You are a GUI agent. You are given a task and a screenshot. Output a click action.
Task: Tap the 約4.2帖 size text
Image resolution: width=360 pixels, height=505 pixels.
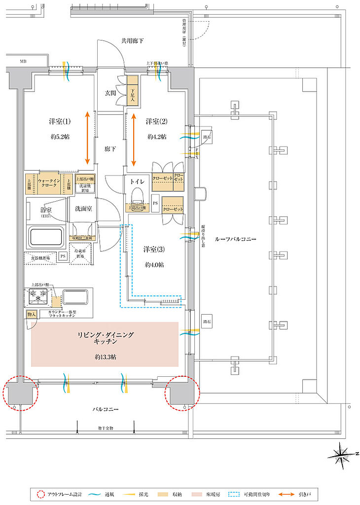pyautogui.click(x=156, y=136)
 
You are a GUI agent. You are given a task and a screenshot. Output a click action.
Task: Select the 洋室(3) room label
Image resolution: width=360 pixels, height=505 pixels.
pyautogui.click(x=154, y=249)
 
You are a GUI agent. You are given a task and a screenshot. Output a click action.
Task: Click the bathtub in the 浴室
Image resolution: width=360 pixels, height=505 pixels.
pyautogui.click(x=47, y=238)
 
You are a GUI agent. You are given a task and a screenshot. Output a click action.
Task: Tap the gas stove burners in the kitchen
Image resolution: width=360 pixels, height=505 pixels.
pyautogui.click(x=37, y=297)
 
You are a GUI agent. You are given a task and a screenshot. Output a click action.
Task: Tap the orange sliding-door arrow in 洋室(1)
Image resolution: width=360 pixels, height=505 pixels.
pyautogui.click(x=88, y=138)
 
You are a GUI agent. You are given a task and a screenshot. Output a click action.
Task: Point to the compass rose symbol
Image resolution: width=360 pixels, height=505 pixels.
pyautogui.click(x=341, y=452)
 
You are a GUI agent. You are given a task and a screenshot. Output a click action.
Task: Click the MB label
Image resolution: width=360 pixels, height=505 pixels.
pyautogui.click(x=23, y=62)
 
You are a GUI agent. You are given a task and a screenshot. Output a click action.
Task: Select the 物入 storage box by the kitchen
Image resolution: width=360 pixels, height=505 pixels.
pyautogui.click(x=31, y=313)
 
